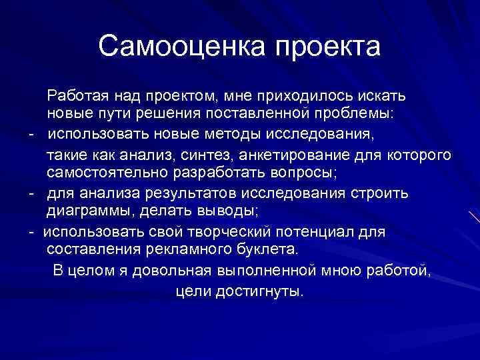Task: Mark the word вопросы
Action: [302, 173]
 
